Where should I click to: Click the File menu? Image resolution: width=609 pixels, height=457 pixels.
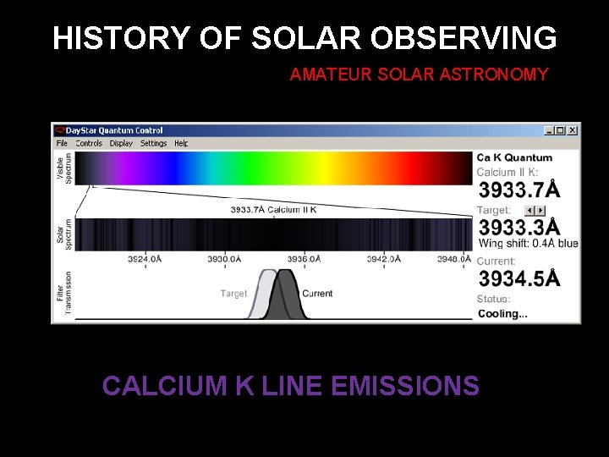pyautogui.click(x=62, y=143)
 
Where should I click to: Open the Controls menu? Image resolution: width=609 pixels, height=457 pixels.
pyautogui.click(x=89, y=143)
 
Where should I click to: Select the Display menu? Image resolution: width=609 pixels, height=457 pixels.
pyautogui.click(x=121, y=143)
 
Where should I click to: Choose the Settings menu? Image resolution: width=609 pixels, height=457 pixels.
pyautogui.click(x=153, y=143)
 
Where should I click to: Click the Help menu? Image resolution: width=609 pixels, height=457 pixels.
pyautogui.click(x=181, y=143)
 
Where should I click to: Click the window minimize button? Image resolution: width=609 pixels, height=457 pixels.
pyautogui.click(x=549, y=130)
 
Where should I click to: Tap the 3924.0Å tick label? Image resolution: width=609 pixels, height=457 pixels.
pyautogui.click(x=145, y=259)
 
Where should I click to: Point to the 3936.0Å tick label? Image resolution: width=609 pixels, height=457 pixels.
pyautogui.click(x=302, y=259)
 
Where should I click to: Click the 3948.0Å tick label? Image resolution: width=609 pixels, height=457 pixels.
pyautogui.click(x=454, y=259)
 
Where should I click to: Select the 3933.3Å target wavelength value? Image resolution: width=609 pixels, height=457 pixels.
pyautogui.click(x=518, y=228)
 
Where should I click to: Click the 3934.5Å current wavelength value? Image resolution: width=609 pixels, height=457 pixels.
pyautogui.click(x=518, y=278)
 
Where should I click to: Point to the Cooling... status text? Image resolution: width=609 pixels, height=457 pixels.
pyautogui.click(x=502, y=314)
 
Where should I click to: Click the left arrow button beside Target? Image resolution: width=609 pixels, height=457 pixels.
pyautogui.click(x=529, y=210)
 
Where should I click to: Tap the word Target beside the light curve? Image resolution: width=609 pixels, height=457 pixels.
pyautogui.click(x=233, y=294)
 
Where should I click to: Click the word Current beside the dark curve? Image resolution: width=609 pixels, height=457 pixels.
pyautogui.click(x=317, y=294)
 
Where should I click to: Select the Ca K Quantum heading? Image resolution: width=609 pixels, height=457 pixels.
pyautogui.click(x=514, y=157)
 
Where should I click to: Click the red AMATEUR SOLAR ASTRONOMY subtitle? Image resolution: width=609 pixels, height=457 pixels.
pyautogui.click(x=419, y=75)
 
